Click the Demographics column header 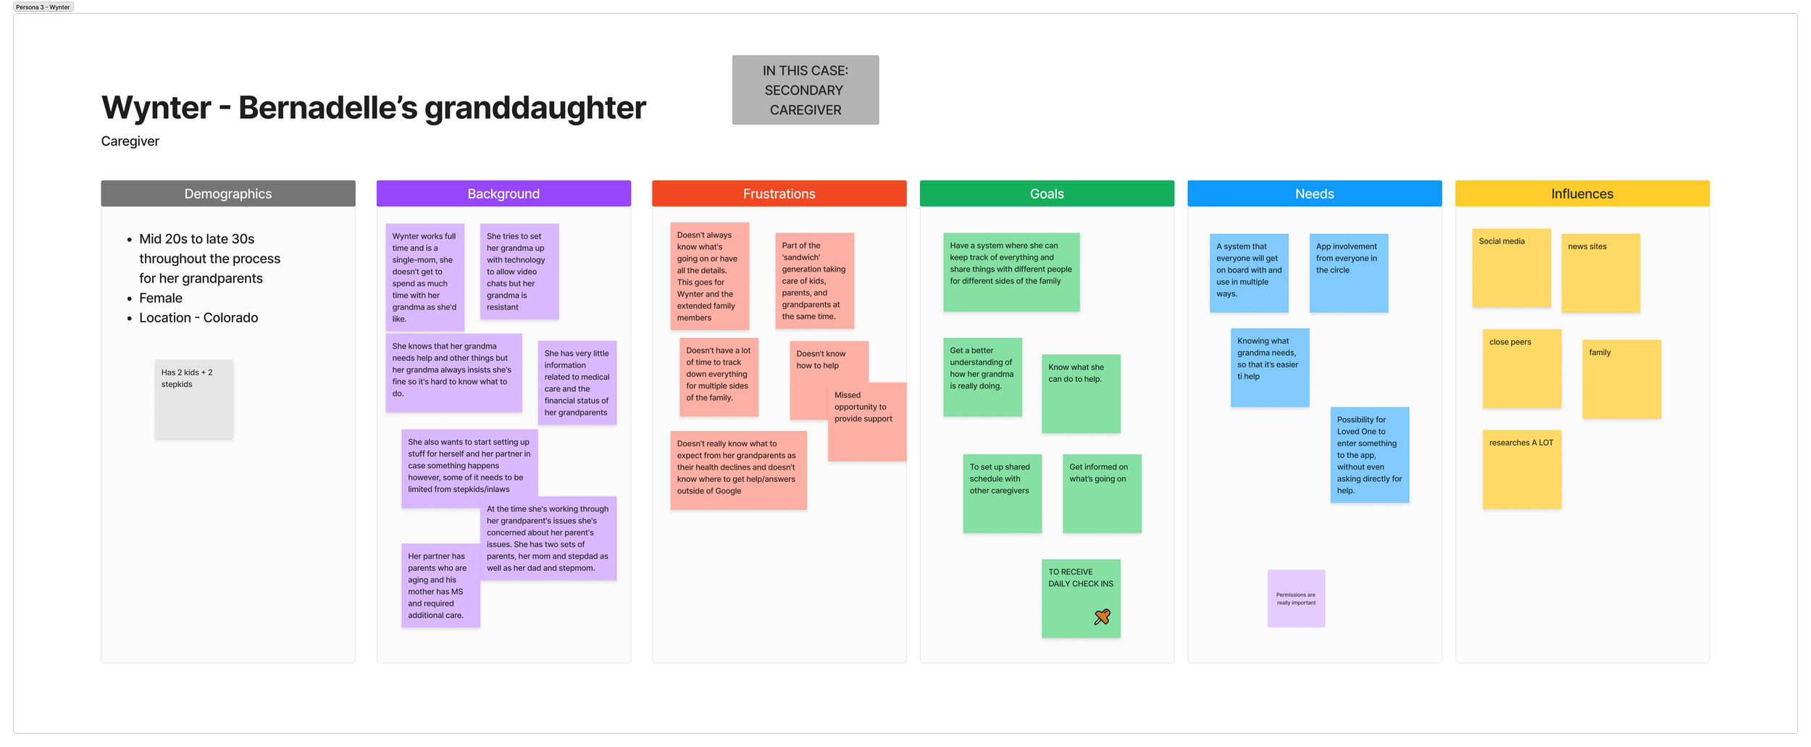click(228, 193)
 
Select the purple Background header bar click(503, 193)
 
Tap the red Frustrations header click(779, 193)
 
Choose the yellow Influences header click(1582, 193)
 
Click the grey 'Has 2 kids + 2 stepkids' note click(193, 398)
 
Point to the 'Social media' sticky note click(1511, 268)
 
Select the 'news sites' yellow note click(1600, 273)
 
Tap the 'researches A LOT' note click(1521, 469)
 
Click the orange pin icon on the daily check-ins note click(1102, 617)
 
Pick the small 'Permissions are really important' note click(1296, 598)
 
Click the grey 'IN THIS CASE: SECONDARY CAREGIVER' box click(806, 90)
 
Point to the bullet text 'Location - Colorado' click(198, 317)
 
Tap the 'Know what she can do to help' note click(1081, 393)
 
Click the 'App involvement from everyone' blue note click(1348, 273)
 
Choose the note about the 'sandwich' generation click(814, 280)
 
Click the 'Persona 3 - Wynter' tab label click(43, 7)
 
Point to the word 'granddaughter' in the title click(535, 108)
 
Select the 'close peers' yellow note click(1521, 369)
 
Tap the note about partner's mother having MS click(440, 585)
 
